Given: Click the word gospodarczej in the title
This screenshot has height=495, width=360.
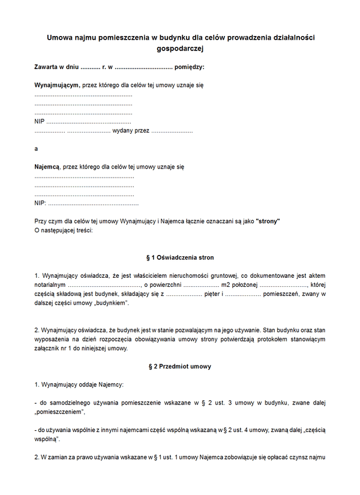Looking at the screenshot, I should coord(179,49).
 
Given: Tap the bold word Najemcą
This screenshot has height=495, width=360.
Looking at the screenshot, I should coord(47,166).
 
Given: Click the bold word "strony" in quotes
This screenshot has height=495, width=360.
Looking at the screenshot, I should coord(268,221).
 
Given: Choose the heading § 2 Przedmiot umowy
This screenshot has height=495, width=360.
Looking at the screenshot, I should coord(180,366).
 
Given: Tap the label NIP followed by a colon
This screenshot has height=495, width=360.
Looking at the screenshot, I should coord(40,203).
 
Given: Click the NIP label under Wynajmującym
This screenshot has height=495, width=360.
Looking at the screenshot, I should coord(40,122).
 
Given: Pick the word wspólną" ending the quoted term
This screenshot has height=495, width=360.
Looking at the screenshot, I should coord(50,440).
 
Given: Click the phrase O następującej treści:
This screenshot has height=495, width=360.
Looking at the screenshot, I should coord(64,230).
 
